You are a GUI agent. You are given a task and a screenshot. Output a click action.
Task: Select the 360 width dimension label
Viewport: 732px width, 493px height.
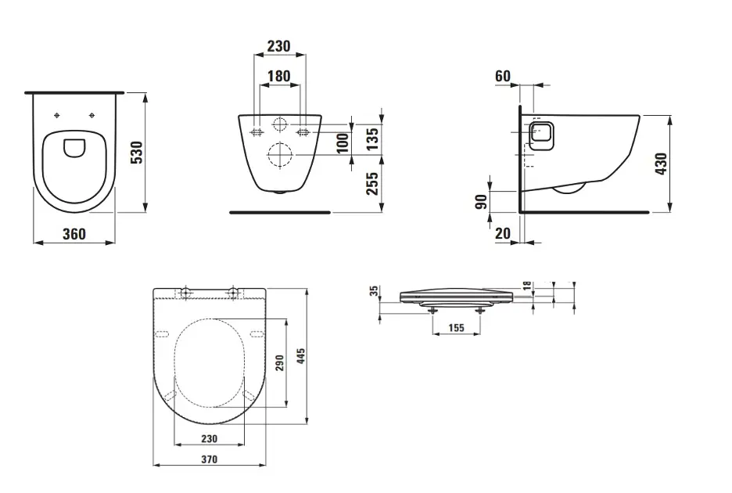74,234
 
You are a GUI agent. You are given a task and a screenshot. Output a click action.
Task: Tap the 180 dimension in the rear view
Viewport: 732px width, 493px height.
278,77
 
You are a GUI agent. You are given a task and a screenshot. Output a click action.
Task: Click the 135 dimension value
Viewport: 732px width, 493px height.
372,139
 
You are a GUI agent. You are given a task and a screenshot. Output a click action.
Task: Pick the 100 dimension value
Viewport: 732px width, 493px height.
342,143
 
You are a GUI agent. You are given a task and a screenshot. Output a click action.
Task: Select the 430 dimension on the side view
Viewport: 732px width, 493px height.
662,164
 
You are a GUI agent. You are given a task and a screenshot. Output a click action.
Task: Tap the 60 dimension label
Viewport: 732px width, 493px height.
503,76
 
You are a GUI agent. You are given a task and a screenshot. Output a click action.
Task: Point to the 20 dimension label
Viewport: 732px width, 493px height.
503,233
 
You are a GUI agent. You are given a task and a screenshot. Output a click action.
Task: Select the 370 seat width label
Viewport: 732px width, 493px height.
208,459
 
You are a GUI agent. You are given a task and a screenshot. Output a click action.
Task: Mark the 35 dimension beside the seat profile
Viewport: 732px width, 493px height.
375,291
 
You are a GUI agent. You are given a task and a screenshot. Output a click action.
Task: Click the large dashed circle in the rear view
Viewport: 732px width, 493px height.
279,155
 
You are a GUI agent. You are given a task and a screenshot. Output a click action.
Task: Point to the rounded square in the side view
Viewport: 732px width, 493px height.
540,135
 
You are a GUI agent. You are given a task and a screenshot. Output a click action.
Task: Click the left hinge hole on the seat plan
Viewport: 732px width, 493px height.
185,293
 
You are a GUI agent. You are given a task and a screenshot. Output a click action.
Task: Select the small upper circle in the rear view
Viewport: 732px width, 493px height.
279,124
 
